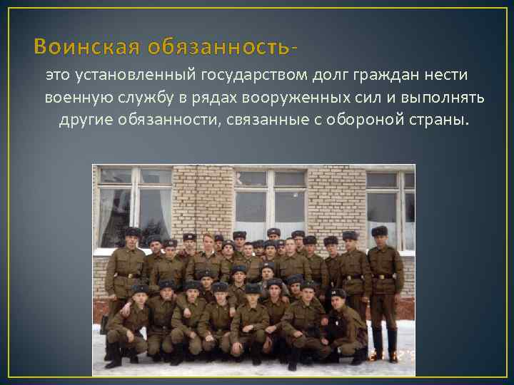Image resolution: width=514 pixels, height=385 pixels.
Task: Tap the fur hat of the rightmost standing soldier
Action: click(379, 231)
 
